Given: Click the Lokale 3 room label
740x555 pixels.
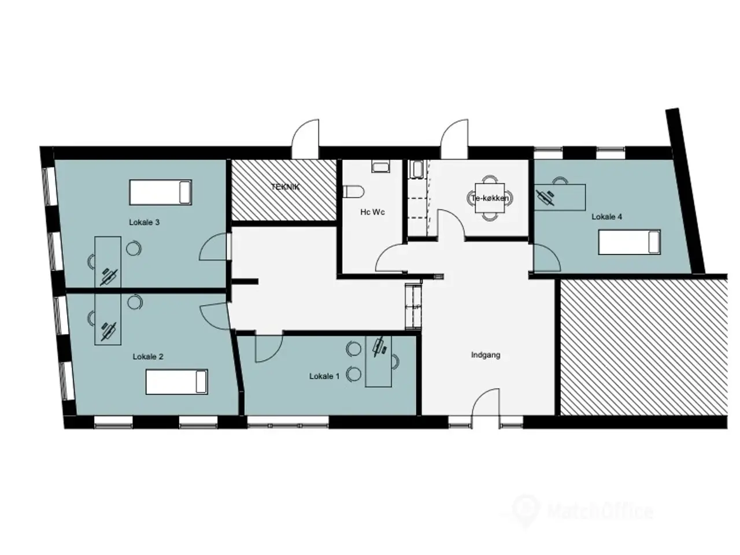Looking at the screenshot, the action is point(144,223).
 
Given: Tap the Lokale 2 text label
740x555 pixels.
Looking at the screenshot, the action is point(148,357).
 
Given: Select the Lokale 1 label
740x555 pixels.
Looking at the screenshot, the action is point(324,376).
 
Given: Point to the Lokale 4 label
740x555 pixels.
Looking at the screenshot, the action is point(607,217).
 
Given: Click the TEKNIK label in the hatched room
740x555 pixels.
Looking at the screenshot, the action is point(285,187).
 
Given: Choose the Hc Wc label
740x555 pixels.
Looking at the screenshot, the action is point(372,212).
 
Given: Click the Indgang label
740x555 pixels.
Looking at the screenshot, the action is point(486,355).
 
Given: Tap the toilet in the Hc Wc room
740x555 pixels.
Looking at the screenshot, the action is point(354,192).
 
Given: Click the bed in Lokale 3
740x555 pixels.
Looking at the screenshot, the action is point(161,192).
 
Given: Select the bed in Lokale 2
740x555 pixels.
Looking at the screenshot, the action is point(177,382).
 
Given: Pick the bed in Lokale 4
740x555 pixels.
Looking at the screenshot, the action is point(629,242).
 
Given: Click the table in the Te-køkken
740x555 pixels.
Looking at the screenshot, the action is point(490,198).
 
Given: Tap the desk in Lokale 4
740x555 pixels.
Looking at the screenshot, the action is point(560,197).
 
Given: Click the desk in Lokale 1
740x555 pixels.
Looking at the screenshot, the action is point(379,361).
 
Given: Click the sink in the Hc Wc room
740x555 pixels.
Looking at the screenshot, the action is point(382,166).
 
